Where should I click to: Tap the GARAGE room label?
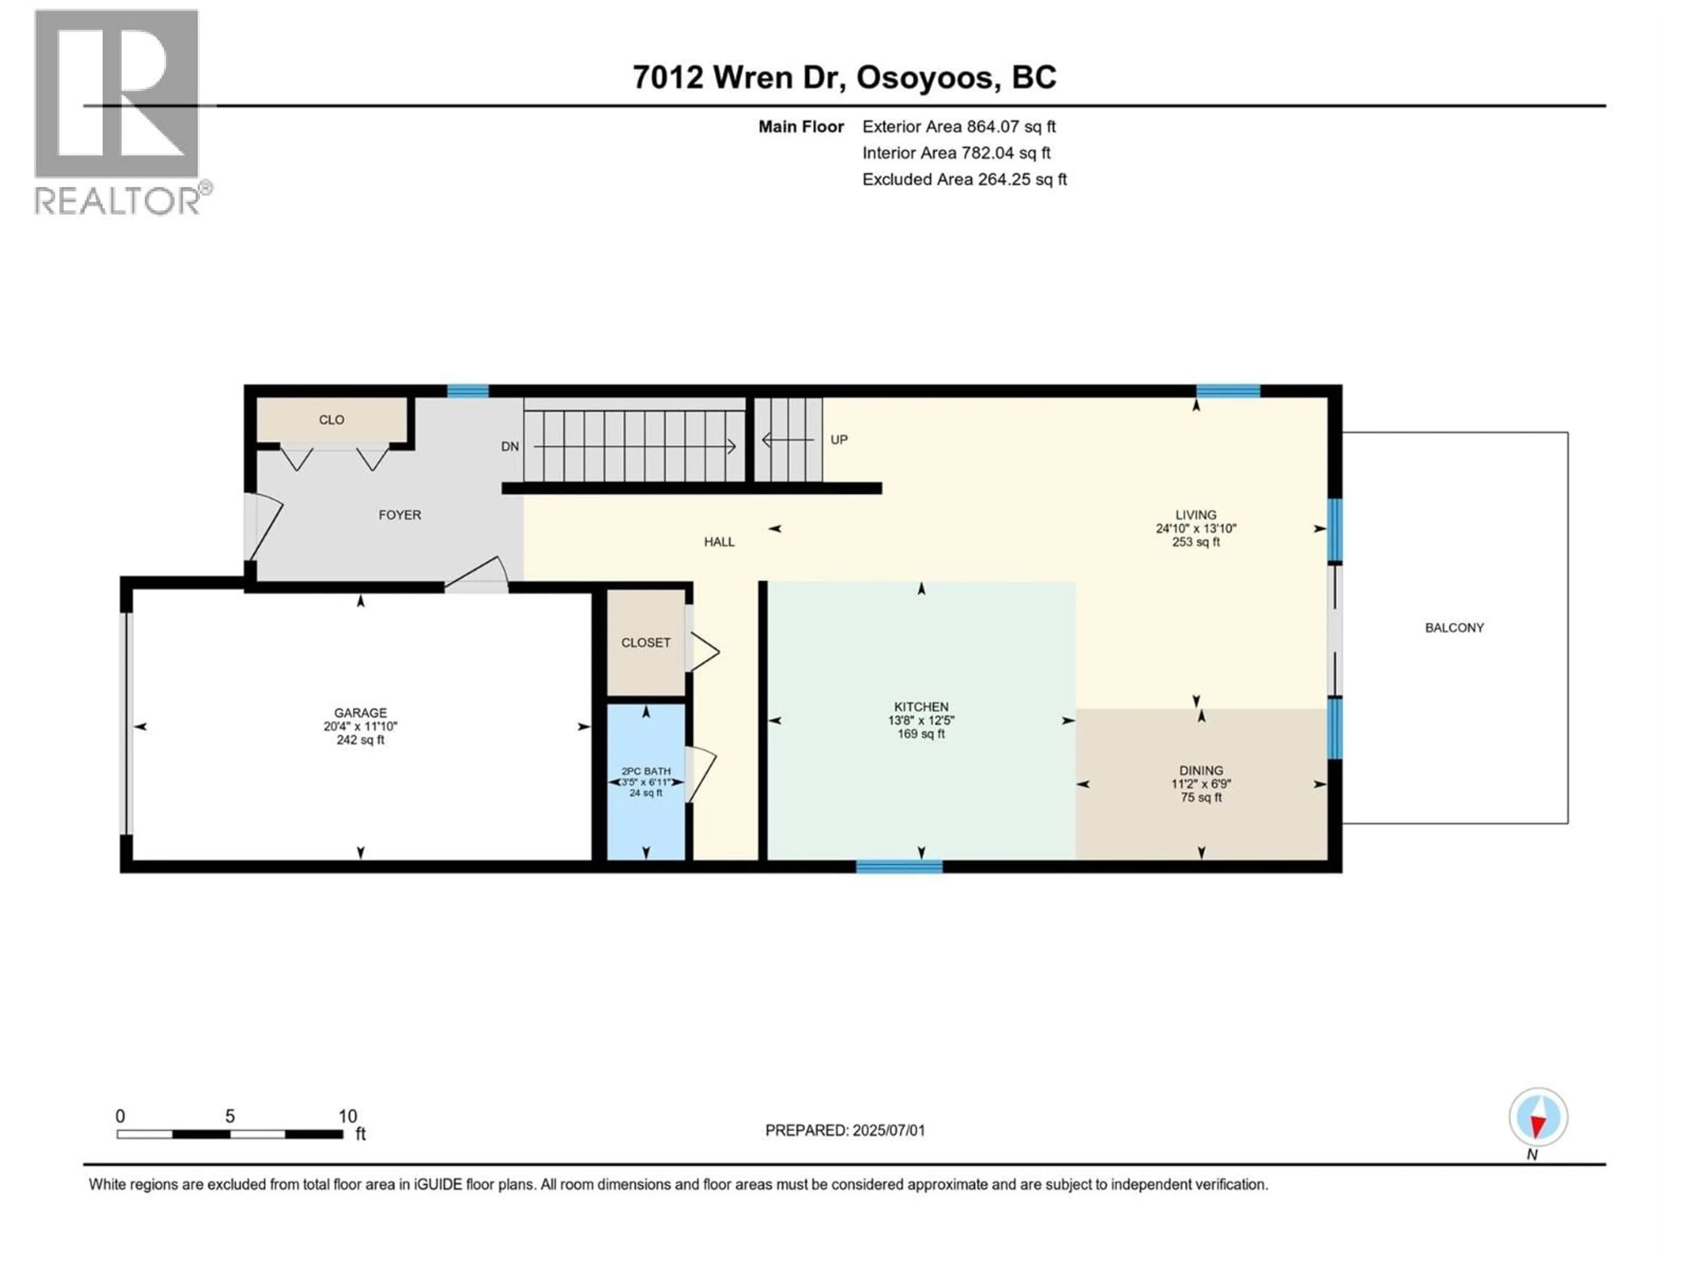pyautogui.click(x=360, y=713)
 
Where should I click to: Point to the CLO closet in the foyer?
pyautogui.click(x=331, y=420)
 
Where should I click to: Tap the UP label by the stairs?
pyautogui.click(x=839, y=440)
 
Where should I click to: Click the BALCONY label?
pyautogui.click(x=1454, y=628)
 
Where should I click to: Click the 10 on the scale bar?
pyautogui.click(x=348, y=1117)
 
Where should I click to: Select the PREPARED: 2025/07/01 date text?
pyautogui.click(x=845, y=1130)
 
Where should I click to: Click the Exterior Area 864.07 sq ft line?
pyautogui.click(x=959, y=127)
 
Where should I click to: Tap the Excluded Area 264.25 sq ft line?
pyautogui.click(x=964, y=179)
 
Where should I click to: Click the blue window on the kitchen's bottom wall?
pyautogui.click(x=899, y=866)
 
